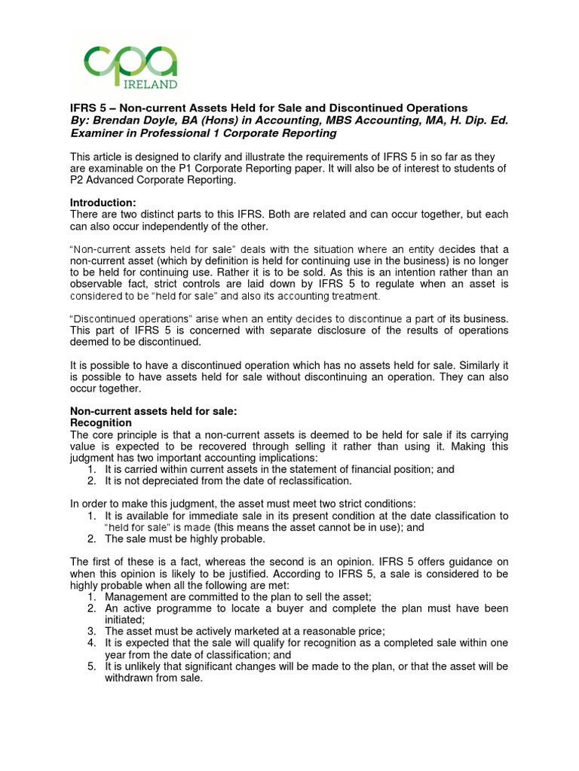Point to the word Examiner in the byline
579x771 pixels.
tap(96, 133)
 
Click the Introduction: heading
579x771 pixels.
tap(103, 203)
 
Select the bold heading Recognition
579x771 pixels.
tap(100, 423)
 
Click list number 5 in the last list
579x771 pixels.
tap(90, 667)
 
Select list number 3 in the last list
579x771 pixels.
tap(90, 631)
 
